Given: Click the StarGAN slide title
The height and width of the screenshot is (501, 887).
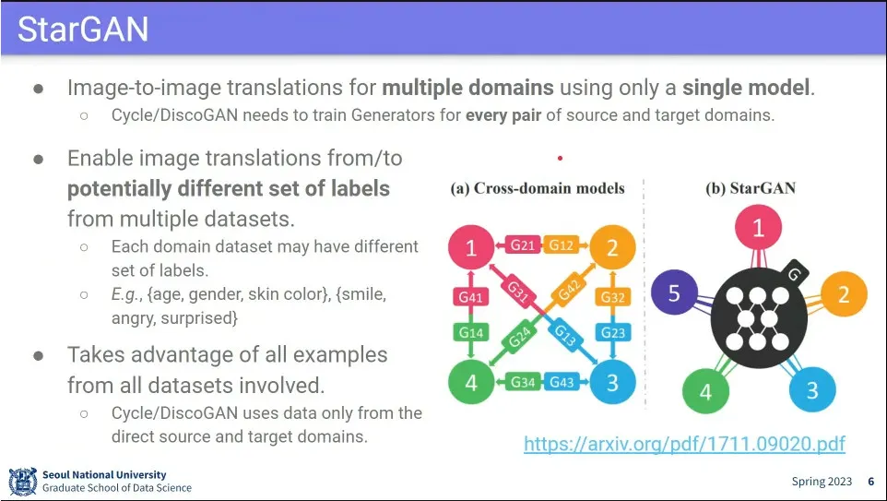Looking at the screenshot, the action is [83, 30].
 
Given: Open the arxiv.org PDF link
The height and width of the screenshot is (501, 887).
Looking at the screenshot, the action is [684, 444].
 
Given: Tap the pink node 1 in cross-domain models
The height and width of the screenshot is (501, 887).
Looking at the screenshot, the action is [470, 247].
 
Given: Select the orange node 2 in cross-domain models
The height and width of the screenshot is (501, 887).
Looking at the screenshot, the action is [613, 247].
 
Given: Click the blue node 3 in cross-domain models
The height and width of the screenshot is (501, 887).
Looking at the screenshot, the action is [613, 382].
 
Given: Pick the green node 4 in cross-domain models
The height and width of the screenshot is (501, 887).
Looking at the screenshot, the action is [470, 382].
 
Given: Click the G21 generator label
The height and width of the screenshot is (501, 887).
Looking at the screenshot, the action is [523, 245].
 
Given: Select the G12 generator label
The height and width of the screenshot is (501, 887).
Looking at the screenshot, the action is [562, 245].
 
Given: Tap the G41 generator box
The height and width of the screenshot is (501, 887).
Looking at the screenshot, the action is [470, 297].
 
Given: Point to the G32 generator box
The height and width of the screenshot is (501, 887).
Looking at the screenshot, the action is [613, 297].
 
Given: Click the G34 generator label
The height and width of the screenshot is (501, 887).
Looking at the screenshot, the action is [523, 382].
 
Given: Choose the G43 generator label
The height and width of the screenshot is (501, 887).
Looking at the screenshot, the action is [562, 382].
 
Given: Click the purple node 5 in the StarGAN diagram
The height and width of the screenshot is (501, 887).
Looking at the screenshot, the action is [674, 293].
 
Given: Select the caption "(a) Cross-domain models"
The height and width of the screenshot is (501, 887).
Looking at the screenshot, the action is [538, 188].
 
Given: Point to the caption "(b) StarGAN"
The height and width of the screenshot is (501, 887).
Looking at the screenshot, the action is [750, 188].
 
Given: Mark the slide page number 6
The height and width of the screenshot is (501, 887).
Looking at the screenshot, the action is [870, 482].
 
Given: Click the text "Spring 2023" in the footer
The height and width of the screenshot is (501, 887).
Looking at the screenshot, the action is [822, 482].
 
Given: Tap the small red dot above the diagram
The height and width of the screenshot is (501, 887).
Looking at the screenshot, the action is [560, 159].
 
